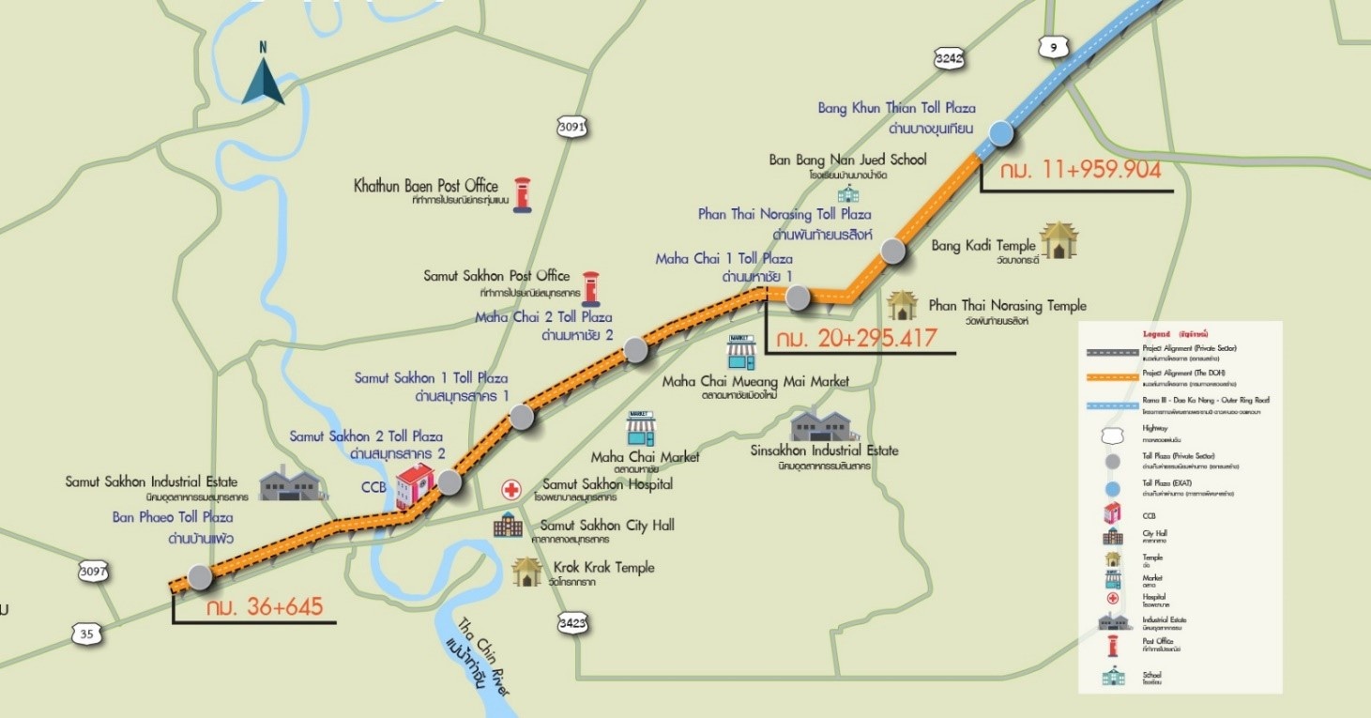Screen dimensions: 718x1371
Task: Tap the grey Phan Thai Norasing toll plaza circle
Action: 892,251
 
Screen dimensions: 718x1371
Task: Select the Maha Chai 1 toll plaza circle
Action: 797,298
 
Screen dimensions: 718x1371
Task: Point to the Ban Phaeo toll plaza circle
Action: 199,577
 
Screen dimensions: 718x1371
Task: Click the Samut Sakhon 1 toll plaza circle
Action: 522,418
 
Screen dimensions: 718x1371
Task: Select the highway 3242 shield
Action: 949,59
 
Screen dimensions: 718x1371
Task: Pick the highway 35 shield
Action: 86,634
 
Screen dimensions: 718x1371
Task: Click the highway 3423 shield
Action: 571,622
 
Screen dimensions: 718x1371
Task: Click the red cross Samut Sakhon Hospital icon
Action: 511,489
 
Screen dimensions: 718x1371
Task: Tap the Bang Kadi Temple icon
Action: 1059,241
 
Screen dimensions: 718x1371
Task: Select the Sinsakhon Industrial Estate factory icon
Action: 824,426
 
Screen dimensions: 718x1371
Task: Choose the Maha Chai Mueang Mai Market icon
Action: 740,352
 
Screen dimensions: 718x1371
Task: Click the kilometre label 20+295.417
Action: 851,336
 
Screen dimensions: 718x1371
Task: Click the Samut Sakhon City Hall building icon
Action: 508,525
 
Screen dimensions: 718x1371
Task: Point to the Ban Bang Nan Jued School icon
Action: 847,192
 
